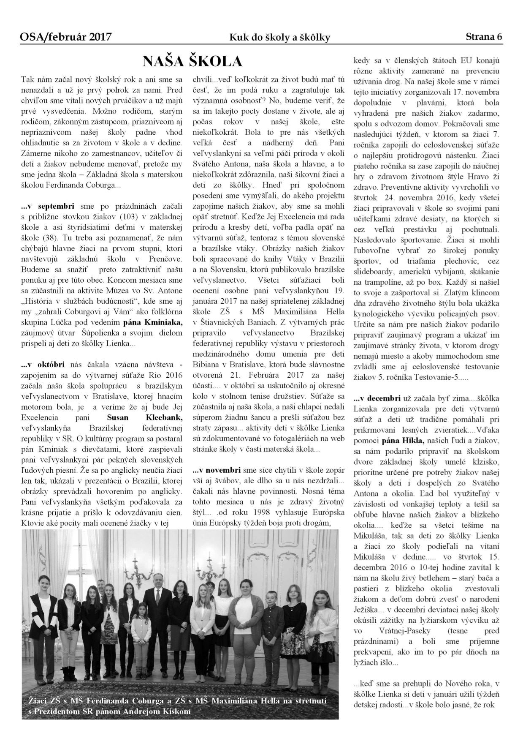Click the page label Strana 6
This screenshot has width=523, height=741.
click(484, 37)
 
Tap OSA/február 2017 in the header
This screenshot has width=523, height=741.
click(65, 37)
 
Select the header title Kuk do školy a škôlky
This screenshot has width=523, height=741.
click(279, 38)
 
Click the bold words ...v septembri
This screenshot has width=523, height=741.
click(48, 206)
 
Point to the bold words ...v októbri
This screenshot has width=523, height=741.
click(43, 365)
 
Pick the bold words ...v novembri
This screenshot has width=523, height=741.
click(217, 470)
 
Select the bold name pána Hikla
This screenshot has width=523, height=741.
click(404, 441)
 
